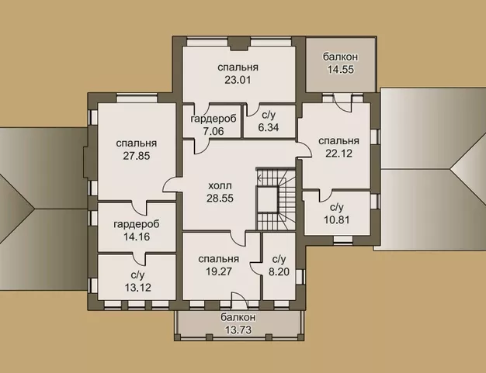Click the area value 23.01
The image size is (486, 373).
[x=238, y=81]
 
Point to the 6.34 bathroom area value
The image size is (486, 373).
[x=269, y=127]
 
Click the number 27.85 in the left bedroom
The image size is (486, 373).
[x=137, y=156]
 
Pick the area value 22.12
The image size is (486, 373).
[x=338, y=154]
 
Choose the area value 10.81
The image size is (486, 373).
[x=336, y=221]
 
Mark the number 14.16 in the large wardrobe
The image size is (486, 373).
[x=136, y=237]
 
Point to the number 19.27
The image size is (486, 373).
[x=217, y=272]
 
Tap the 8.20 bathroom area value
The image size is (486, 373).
[x=279, y=272]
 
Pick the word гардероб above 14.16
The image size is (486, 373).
[x=136, y=224]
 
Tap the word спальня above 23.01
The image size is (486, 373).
[x=238, y=67]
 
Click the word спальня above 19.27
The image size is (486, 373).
[x=217, y=259]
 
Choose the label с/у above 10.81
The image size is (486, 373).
[x=336, y=208]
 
